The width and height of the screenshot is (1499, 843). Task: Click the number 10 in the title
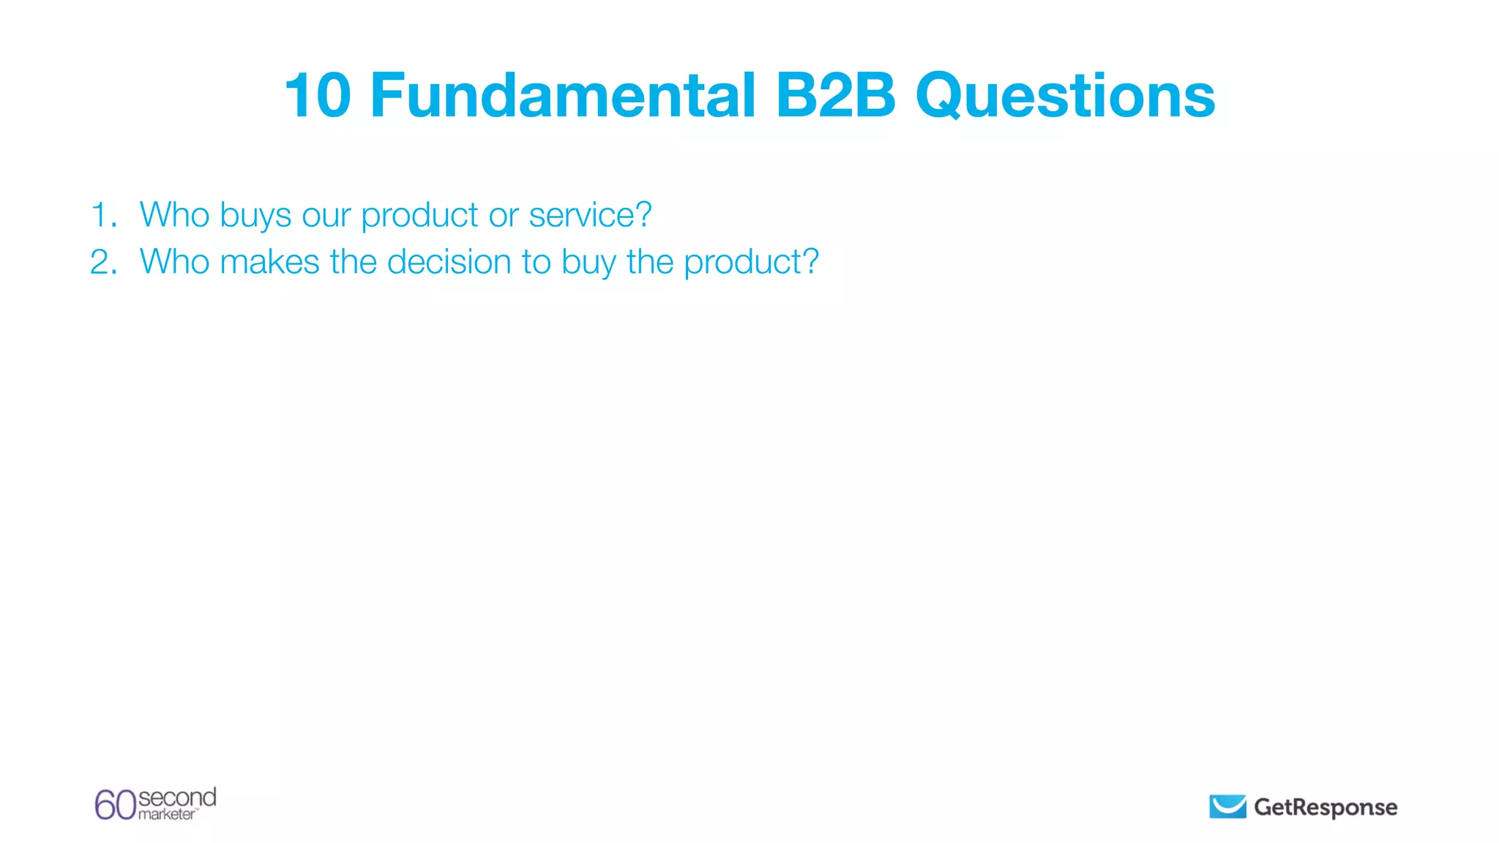318,95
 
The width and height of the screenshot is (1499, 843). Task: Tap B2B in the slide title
835,95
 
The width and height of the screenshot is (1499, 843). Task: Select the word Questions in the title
1065,97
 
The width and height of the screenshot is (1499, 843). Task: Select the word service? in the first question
590,215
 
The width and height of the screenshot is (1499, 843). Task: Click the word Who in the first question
174,215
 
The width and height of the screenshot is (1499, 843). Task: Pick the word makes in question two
269,262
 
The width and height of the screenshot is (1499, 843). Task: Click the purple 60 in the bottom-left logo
116,805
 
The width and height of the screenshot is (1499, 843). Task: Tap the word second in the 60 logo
177,797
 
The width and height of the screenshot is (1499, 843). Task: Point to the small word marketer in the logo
167,814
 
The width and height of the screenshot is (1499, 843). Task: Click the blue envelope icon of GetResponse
1227,806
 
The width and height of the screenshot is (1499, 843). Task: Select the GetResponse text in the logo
1326,807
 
